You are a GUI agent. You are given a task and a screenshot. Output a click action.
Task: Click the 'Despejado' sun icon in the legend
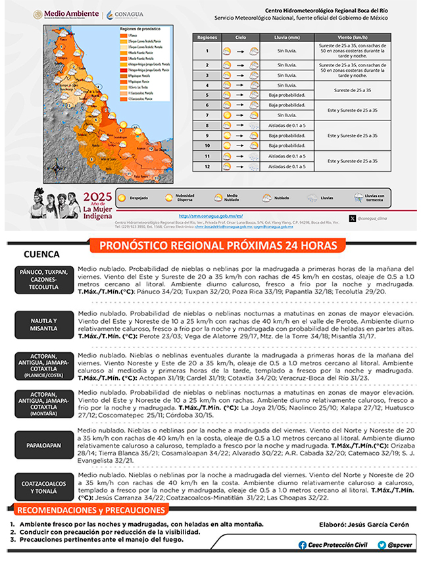(x=122, y=197)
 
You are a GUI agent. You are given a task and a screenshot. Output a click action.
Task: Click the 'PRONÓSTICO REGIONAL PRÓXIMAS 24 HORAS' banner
(x=222, y=246)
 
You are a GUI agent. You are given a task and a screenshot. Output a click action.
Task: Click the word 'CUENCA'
(x=41, y=255)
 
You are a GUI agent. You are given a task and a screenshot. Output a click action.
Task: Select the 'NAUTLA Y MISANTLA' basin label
(x=43, y=325)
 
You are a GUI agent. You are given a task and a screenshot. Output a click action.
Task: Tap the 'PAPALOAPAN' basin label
(x=43, y=445)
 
